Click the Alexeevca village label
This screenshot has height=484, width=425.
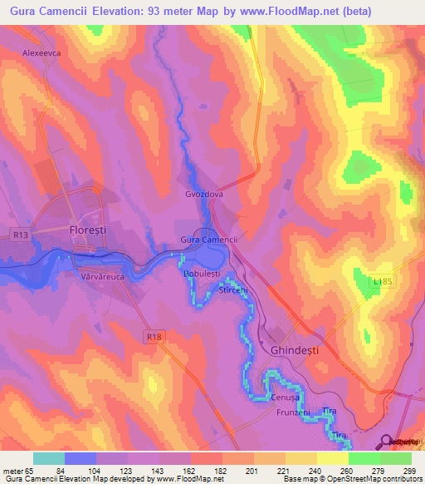42,51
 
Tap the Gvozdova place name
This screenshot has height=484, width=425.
204,194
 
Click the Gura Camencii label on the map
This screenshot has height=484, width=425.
209,240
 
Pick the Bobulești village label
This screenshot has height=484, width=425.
201,272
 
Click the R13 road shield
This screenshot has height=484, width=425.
22,235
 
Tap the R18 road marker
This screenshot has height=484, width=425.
152,336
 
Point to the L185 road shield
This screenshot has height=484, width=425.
383,283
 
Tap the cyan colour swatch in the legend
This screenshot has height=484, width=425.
49,458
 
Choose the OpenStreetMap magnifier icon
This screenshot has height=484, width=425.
385,442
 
